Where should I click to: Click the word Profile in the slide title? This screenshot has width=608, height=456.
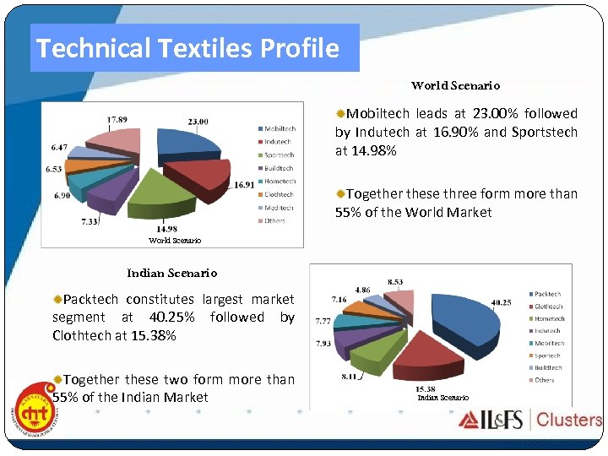click(300, 48)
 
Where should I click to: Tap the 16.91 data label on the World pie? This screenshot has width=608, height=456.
click(244, 185)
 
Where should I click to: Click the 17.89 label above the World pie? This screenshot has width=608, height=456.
click(117, 120)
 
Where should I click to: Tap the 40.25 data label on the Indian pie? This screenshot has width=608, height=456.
click(501, 302)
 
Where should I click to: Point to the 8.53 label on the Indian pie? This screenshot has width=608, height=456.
click(394, 281)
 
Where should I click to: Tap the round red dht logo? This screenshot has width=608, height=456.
click(35, 413)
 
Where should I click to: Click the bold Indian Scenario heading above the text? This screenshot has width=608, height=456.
click(171, 273)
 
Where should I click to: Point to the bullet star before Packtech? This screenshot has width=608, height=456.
click(57, 300)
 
